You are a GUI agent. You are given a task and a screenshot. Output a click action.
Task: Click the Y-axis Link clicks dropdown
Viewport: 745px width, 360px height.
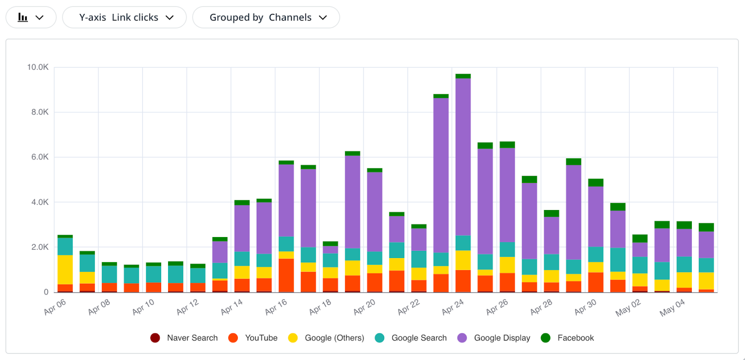pyautogui.click(x=124, y=18)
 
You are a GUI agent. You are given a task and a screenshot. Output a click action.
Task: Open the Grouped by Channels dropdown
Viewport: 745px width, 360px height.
pyautogui.click(x=266, y=18)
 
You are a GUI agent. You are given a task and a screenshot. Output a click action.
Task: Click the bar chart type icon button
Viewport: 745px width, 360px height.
pyautogui.click(x=31, y=18)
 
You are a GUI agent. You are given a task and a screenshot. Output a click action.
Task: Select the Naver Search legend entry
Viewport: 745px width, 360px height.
pyautogui.click(x=184, y=338)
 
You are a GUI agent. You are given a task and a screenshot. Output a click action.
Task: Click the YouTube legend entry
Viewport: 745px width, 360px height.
pyautogui.click(x=253, y=338)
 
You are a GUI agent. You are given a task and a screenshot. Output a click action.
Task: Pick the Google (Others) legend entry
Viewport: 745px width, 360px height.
pyautogui.click(x=326, y=338)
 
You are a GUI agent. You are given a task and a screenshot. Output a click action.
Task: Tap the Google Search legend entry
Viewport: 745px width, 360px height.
pyautogui.click(x=411, y=338)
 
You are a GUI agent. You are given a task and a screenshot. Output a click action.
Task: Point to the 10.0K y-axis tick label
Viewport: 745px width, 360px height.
pyautogui.click(x=38, y=68)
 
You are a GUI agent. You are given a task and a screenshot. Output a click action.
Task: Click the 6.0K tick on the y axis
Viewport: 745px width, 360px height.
pyautogui.click(x=40, y=157)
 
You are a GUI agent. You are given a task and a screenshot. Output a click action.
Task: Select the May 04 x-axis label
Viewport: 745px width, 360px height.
pyautogui.click(x=672, y=308)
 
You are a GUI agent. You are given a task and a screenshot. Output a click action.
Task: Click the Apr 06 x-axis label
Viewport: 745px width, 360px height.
pyautogui.click(x=55, y=307)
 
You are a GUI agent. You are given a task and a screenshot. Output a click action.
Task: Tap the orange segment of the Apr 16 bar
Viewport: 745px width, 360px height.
pyautogui.click(x=286, y=275)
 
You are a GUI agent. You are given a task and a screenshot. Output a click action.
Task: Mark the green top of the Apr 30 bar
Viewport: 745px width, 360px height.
pyautogui.click(x=596, y=183)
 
